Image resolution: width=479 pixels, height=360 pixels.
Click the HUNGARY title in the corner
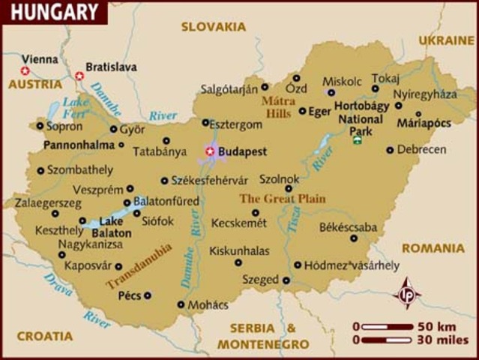pyautogui.click(x=53, y=12)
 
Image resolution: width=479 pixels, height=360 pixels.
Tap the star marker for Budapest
pyautogui.click(x=209, y=151)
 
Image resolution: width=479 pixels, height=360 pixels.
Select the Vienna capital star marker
pyautogui.click(x=25, y=71)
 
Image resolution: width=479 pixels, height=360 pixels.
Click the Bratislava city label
pyautogui.click(x=111, y=67)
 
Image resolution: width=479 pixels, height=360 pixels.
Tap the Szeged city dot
pyautogui.click(x=286, y=280)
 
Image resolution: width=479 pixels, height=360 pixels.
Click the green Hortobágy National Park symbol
pyautogui.click(x=358, y=139)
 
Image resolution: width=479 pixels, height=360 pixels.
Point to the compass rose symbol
pyautogui.click(x=407, y=292)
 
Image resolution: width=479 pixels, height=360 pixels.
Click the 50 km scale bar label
pyautogui.click(x=436, y=326)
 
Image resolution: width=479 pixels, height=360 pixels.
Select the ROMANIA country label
pyautogui.click(x=433, y=248)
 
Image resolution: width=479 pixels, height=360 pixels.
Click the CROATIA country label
pyautogui.click(x=45, y=336)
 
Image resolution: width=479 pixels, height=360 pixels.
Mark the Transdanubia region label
pyautogui.click(x=139, y=266)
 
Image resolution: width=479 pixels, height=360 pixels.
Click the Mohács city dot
pyautogui.click(x=181, y=304)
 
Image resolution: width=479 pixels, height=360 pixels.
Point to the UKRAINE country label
pyautogui.click(x=447, y=40)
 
